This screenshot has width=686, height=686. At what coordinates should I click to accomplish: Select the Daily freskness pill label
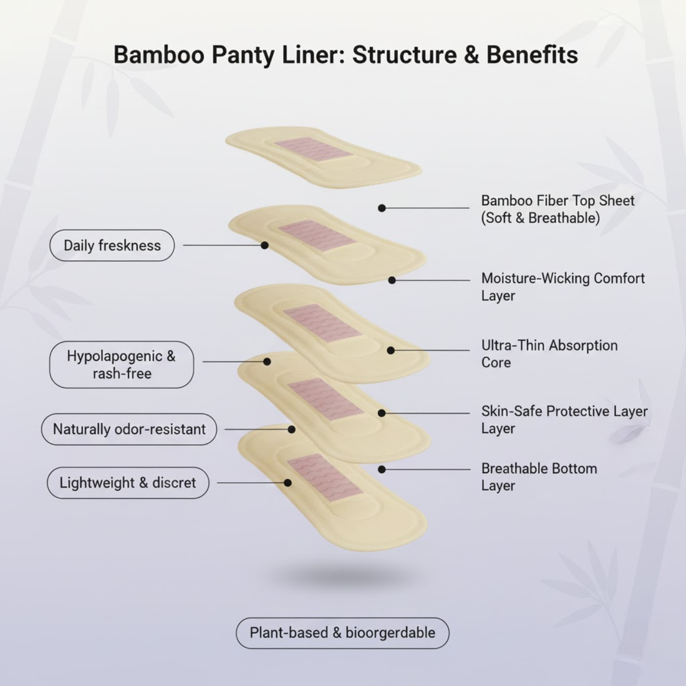(x=112, y=245)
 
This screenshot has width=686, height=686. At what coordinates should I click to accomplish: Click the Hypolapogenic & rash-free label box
(x=122, y=365)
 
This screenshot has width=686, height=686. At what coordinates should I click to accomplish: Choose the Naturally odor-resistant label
(x=129, y=429)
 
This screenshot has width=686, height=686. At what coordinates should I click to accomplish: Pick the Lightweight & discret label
(x=128, y=483)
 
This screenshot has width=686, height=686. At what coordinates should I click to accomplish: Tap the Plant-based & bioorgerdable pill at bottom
(x=342, y=633)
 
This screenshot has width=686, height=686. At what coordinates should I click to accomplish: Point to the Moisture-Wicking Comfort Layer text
(x=563, y=287)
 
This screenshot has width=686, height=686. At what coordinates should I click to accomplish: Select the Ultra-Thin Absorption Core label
(x=549, y=354)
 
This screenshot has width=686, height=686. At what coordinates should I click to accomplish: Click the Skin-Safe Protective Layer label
(x=564, y=419)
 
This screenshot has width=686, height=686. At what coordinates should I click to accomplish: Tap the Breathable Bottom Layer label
(x=539, y=476)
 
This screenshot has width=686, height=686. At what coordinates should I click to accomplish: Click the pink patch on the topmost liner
(x=306, y=149)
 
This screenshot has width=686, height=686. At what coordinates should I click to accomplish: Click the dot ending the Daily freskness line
(x=264, y=245)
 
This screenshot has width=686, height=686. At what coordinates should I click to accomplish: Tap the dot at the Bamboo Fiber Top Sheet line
(x=382, y=208)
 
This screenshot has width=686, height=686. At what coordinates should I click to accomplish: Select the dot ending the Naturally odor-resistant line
(x=291, y=429)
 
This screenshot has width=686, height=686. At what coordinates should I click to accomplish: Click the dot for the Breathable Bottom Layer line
(x=382, y=469)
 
